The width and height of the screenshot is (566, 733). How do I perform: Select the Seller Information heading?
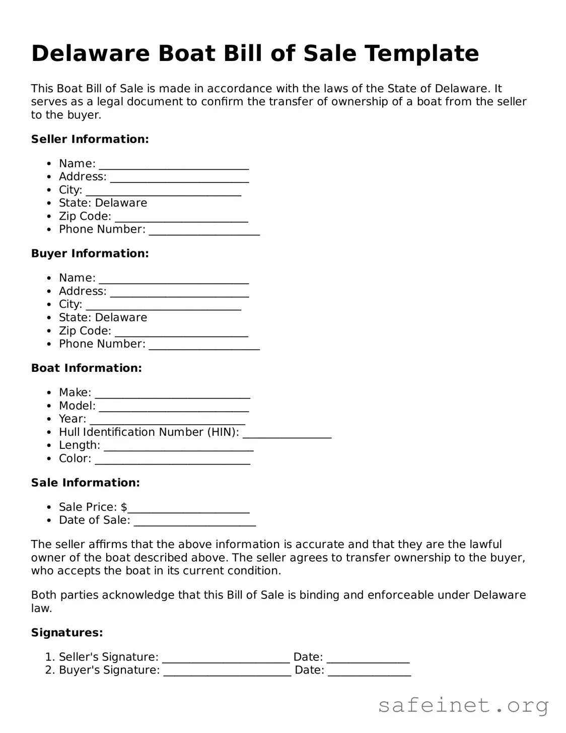pyautogui.click(x=90, y=139)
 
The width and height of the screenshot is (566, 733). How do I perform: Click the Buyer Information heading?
pyautogui.click(x=90, y=253)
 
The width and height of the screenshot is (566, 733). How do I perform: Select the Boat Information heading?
pyautogui.click(x=86, y=368)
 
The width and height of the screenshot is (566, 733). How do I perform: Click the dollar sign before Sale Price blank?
pyautogui.click(x=124, y=507)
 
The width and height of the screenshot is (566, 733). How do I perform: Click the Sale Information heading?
pyautogui.click(x=85, y=483)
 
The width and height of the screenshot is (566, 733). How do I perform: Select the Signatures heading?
pyautogui.click(x=67, y=632)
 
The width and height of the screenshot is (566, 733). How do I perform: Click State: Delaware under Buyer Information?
pyautogui.click(x=103, y=317)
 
